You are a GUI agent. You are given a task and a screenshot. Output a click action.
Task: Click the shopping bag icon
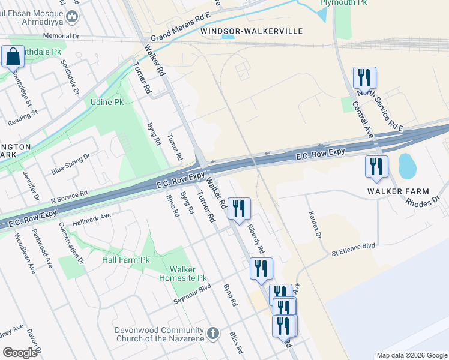pos(13,58)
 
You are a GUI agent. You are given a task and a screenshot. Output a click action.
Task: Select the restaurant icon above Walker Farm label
pos(376,167)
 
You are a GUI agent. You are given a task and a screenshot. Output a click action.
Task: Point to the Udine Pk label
pos(107,102)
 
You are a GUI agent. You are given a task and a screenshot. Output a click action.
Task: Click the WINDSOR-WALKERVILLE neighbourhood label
pos(252,31)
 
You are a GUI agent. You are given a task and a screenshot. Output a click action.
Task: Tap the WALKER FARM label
pos(399,191)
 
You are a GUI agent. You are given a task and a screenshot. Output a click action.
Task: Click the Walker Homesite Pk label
pos(182,274)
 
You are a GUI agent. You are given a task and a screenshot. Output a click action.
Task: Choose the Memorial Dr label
pos(61,36)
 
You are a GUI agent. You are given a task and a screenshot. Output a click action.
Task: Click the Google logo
pos(20,353)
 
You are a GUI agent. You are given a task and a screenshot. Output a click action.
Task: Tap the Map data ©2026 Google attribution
pos(412,355)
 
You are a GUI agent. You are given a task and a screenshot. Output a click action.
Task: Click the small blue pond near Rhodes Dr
pos(406,166)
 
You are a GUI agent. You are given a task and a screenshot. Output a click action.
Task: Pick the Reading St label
pos(23,118)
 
